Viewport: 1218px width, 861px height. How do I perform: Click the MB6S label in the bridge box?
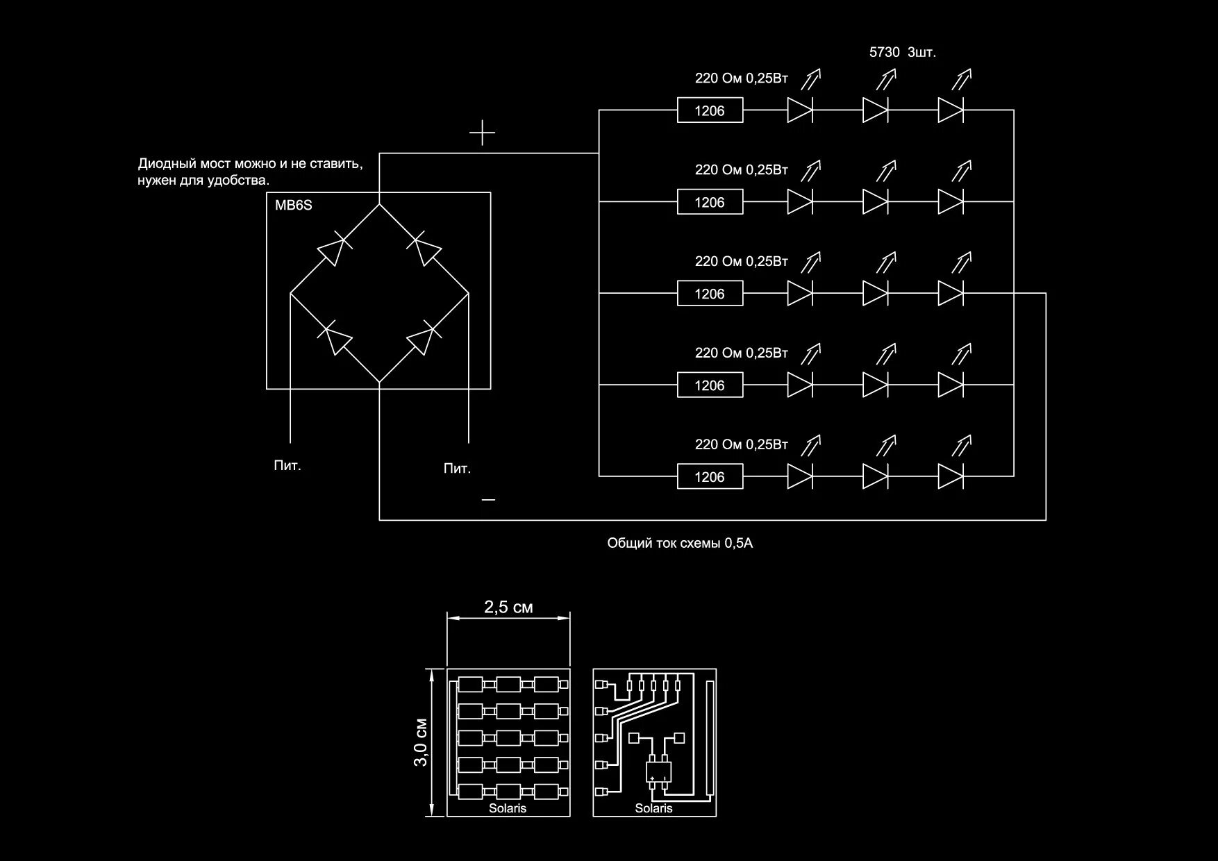click(x=294, y=206)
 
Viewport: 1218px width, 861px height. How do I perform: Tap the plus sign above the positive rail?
click(x=482, y=132)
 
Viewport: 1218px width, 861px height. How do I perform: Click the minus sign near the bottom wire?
click(x=489, y=499)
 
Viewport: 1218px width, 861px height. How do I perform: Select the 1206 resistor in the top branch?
click(x=710, y=110)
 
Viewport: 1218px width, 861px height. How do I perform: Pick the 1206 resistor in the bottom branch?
click(x=710, y=477)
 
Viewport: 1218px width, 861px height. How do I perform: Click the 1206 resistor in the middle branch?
click(x=710, y=294)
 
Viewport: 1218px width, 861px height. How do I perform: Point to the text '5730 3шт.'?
click(x=903, y=52)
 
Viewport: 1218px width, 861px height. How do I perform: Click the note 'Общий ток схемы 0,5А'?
click(x=680, y=543)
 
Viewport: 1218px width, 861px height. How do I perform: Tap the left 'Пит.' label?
click(x=287, y=466)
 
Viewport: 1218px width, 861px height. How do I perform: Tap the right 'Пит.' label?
click(x=457, y=469)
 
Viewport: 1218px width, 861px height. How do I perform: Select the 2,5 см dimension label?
click(x=508, y=607)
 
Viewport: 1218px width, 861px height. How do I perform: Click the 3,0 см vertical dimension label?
click(x=421, y=742)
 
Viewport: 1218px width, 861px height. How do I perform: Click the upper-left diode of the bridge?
click(x=333, y=250)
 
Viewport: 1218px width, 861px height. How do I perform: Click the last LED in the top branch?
click(x=950, y=110)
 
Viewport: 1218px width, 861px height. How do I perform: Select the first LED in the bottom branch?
click(x=799, y=476)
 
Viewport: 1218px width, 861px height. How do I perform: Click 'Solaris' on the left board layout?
click(x=508, y=808)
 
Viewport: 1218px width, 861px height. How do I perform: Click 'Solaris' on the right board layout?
click(x=653, y=808)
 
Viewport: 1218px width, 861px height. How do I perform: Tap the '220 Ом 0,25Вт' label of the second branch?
click(x=741, y=170)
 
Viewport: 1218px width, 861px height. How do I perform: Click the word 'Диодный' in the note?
click(x=167, y=165)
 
